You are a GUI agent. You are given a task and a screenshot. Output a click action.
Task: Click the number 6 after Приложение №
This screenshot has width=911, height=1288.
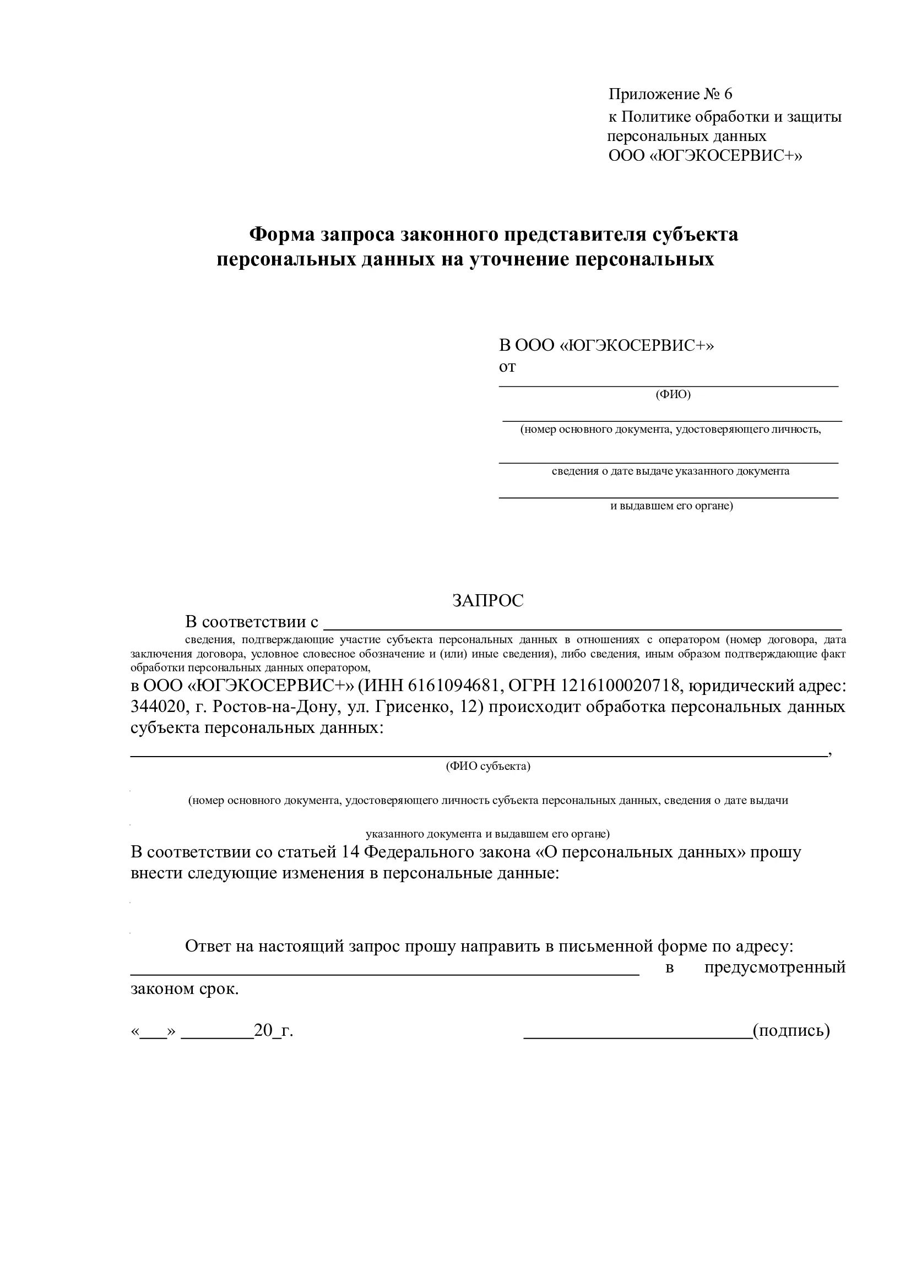728,94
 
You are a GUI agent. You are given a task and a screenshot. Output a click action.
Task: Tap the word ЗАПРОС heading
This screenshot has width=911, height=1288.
487,601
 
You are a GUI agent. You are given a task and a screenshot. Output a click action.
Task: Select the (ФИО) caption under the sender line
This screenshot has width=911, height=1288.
673,394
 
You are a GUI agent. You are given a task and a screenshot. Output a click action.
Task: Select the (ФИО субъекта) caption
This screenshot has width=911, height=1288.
488,767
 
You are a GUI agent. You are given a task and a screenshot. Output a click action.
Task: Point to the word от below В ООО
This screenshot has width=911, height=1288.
507,367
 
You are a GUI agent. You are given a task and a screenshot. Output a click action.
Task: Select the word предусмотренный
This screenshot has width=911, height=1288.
775,968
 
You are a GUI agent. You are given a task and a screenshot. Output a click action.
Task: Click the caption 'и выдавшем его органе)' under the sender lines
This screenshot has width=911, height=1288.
671,506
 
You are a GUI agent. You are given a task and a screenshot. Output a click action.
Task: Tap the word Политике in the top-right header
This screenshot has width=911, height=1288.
656,117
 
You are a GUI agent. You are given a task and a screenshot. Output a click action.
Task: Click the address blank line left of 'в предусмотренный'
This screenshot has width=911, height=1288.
385,975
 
